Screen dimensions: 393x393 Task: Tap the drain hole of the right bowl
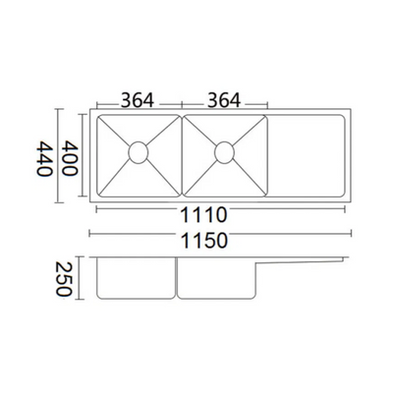point(224,151)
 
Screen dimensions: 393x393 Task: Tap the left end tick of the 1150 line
point(90,234)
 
